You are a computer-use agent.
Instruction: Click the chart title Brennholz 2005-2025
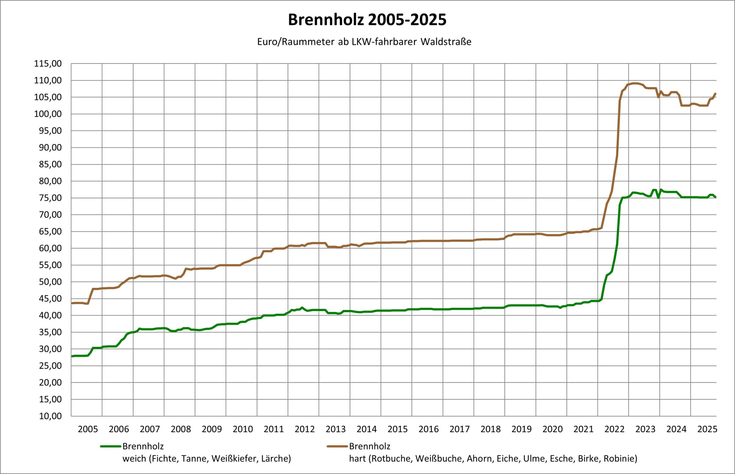[x=367, y=20]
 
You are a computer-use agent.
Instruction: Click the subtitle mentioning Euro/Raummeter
[x=364, y=42]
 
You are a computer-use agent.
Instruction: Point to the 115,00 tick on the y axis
[x=48, y=64]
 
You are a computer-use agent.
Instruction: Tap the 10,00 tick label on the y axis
[x=51, y=416]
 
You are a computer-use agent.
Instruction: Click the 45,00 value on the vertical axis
[x=51, y=299]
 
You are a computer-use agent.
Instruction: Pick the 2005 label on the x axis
[x=88, y=429]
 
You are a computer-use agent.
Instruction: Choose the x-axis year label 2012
[x=304, y=429]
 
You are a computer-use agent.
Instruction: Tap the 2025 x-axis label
[x=707, y=429]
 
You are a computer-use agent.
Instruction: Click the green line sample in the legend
[x=111, y=446]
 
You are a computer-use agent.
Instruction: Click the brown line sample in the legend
[x=337, y=446]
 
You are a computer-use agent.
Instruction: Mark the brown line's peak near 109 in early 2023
[x=635, y=83]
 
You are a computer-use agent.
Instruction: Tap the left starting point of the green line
[x=72, y=356]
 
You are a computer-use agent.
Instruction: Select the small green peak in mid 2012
[x=302, y=307]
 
